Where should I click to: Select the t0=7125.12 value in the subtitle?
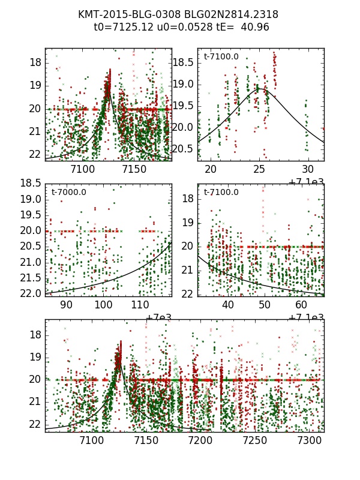(121, 27)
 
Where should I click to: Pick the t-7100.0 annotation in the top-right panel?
(221, 57)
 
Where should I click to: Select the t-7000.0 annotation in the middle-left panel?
(69, 193)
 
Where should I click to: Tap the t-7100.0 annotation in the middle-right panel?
(221, 193)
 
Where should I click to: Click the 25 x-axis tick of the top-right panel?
(259, 170)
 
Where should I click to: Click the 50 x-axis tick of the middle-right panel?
(265, 305)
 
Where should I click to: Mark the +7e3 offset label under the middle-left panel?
(158, 317)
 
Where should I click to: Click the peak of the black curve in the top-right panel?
(260, 89)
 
